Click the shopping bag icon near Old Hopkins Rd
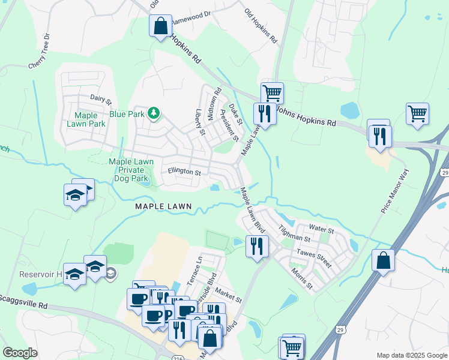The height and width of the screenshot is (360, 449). coord(160,26)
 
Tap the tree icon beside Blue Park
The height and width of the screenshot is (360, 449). coord(154,112)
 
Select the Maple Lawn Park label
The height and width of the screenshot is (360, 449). coord(89,119)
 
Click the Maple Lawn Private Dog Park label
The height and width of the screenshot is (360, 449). coord(131,170)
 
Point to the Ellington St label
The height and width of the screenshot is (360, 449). coord(184,172)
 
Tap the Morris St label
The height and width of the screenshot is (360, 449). coord(302,277)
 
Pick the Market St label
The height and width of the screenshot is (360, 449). coord(229,295)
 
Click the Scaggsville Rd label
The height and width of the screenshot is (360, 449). coord(24,302)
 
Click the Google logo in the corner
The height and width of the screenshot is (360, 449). coord(20,352)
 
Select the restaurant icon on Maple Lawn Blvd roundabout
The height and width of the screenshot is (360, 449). coord(257,247)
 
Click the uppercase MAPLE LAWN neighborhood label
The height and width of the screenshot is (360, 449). coord(163,206)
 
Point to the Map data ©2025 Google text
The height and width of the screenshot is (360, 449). coord(411,355)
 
